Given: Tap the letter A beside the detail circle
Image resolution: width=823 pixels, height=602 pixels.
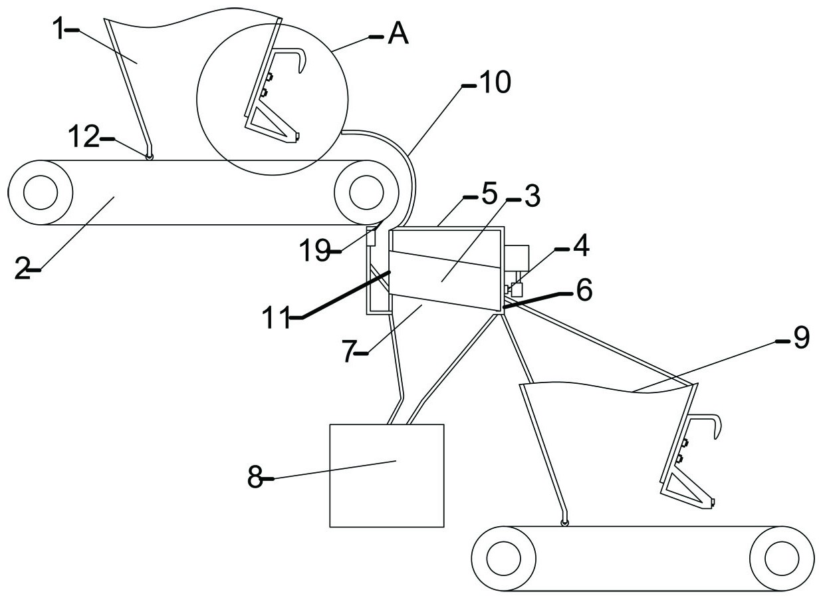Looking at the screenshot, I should point(398,34).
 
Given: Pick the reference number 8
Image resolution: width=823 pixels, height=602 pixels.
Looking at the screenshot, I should point(255,478).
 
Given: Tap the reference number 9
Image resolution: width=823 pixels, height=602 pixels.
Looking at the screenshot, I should point(800,339).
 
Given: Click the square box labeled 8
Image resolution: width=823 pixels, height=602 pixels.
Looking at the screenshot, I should point(387,475).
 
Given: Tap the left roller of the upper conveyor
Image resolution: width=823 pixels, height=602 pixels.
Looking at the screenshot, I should point(40,192).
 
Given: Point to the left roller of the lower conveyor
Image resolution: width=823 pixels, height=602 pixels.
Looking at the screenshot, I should point(503,557).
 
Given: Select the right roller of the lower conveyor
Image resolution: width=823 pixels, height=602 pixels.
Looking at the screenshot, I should point(781,557).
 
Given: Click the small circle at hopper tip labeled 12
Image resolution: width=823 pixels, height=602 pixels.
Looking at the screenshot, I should point(150,156).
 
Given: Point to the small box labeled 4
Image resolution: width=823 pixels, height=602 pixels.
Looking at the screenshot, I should point(516,289).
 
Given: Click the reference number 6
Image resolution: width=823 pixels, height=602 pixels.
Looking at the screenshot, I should point(583,291).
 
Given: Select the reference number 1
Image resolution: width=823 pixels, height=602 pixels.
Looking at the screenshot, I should point(60,31).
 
